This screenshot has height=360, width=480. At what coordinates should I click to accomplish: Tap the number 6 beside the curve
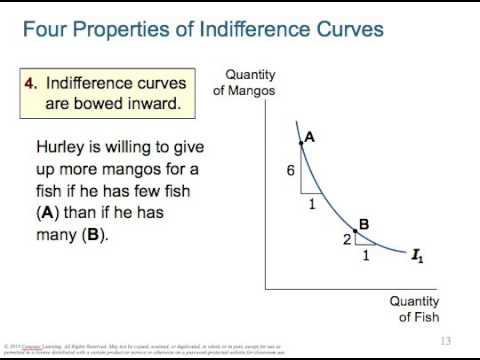point(290,171)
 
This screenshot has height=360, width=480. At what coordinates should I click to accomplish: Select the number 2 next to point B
point(347,239)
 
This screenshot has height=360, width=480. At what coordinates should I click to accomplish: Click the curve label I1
point(417,256)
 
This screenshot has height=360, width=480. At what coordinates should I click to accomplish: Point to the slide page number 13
point(446,341)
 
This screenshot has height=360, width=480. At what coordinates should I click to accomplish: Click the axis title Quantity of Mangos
point(243,83)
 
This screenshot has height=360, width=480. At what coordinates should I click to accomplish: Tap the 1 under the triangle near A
point(311,204)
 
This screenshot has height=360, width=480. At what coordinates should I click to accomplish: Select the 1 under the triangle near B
point(364,255)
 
